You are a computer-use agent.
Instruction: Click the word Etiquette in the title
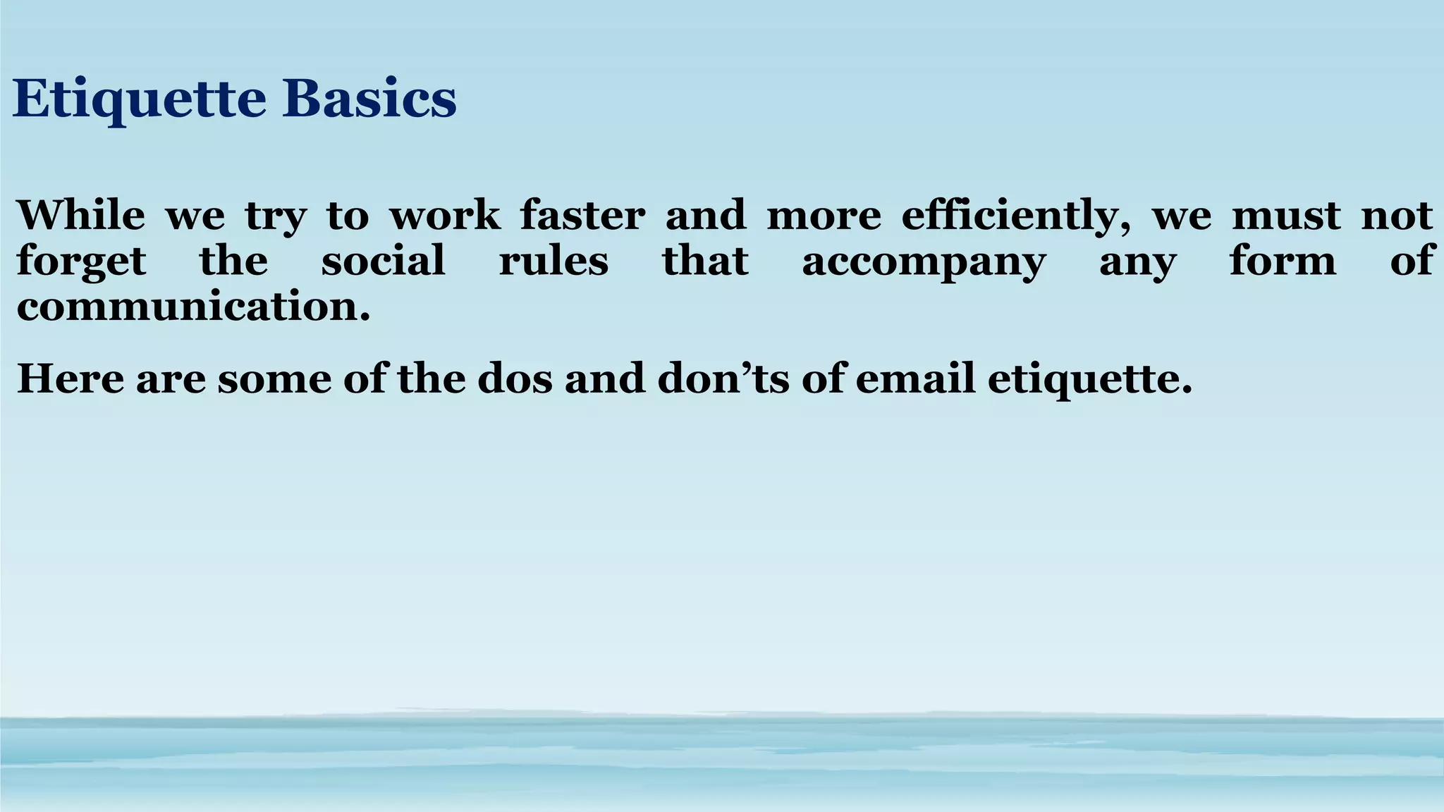click(x=139, y=99)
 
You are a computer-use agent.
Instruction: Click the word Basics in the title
click(x=369, y=99)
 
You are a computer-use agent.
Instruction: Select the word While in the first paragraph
click(x=80, y=215)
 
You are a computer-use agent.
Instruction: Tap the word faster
click(x=582, y=215)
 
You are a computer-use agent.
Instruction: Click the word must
click(x=1286, y=215)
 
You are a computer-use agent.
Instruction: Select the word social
click(x=383, y=260)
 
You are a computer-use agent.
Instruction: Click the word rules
click(x=553, y=260)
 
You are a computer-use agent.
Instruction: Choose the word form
click(x=1283, y=260)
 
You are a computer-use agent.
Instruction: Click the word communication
click(x=193, y=307)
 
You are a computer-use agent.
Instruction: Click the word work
click(x=445, y=215)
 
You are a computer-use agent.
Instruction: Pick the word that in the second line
click(x=705, y=260)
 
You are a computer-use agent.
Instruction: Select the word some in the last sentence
click(x=274, y=379)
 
